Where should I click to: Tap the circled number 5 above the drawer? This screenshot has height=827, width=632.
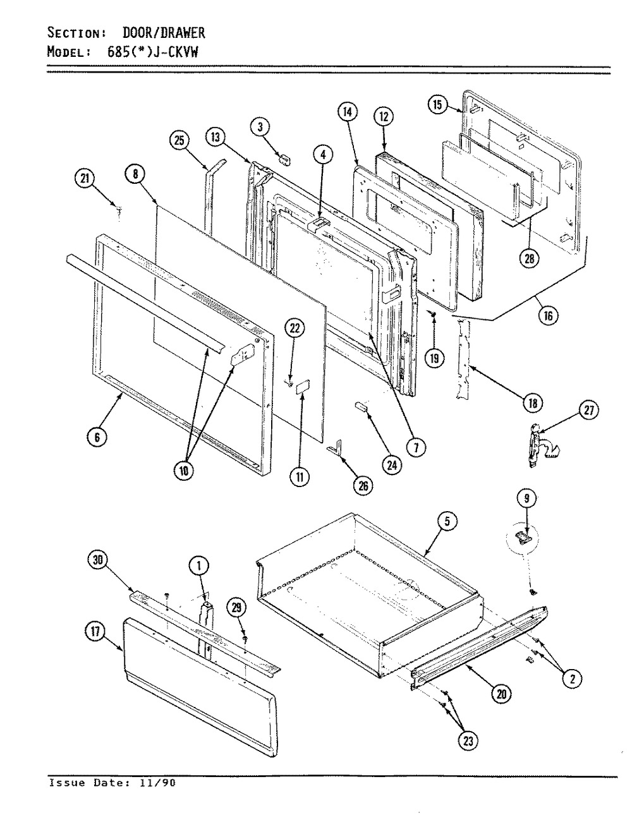(x=446, y=522)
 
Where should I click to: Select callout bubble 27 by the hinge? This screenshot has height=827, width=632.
(x=588, y=411)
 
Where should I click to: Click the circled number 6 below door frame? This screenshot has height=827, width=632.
(x=101, y=436)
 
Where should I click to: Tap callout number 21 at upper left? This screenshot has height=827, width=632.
(x=83, y=180)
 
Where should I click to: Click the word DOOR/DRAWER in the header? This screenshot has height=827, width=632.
(x=164, y=33)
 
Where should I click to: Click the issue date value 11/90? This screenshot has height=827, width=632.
(x=164, y=782)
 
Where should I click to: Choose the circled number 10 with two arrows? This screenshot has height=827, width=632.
(x=188, y=471)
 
